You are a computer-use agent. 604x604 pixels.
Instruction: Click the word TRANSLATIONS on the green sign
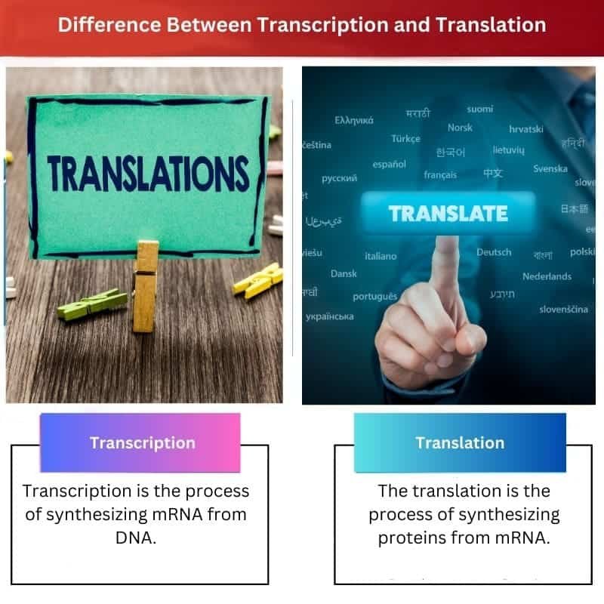point(148,174)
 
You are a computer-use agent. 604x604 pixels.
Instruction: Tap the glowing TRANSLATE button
point(448,214)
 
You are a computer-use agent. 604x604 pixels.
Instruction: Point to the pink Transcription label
point(142,443)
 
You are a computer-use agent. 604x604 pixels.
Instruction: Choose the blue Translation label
point(459,443)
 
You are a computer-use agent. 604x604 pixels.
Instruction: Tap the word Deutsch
point(494,252)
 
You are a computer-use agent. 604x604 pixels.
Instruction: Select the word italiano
point(381,256)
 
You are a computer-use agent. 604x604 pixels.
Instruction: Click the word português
point(374,296)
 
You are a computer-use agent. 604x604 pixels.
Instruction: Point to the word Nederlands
point(547,276)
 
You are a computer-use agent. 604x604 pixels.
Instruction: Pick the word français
point(440,175)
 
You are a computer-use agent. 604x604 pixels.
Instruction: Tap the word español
point(389,164)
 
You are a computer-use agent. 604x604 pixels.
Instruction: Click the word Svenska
point(550,168)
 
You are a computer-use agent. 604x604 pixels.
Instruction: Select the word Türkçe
point(405,139)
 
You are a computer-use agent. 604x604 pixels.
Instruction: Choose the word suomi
point(479,109)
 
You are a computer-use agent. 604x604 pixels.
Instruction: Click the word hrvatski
point(525,129)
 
